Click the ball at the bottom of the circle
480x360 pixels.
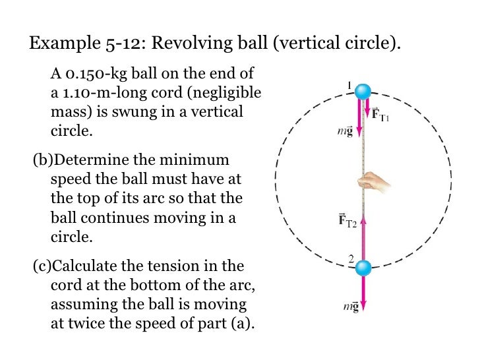363,268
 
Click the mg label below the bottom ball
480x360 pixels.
347,307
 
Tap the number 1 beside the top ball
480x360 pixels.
349,86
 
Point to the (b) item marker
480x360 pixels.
41,161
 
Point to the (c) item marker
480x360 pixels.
41,266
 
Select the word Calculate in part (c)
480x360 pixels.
84,266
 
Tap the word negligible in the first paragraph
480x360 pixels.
222,93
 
